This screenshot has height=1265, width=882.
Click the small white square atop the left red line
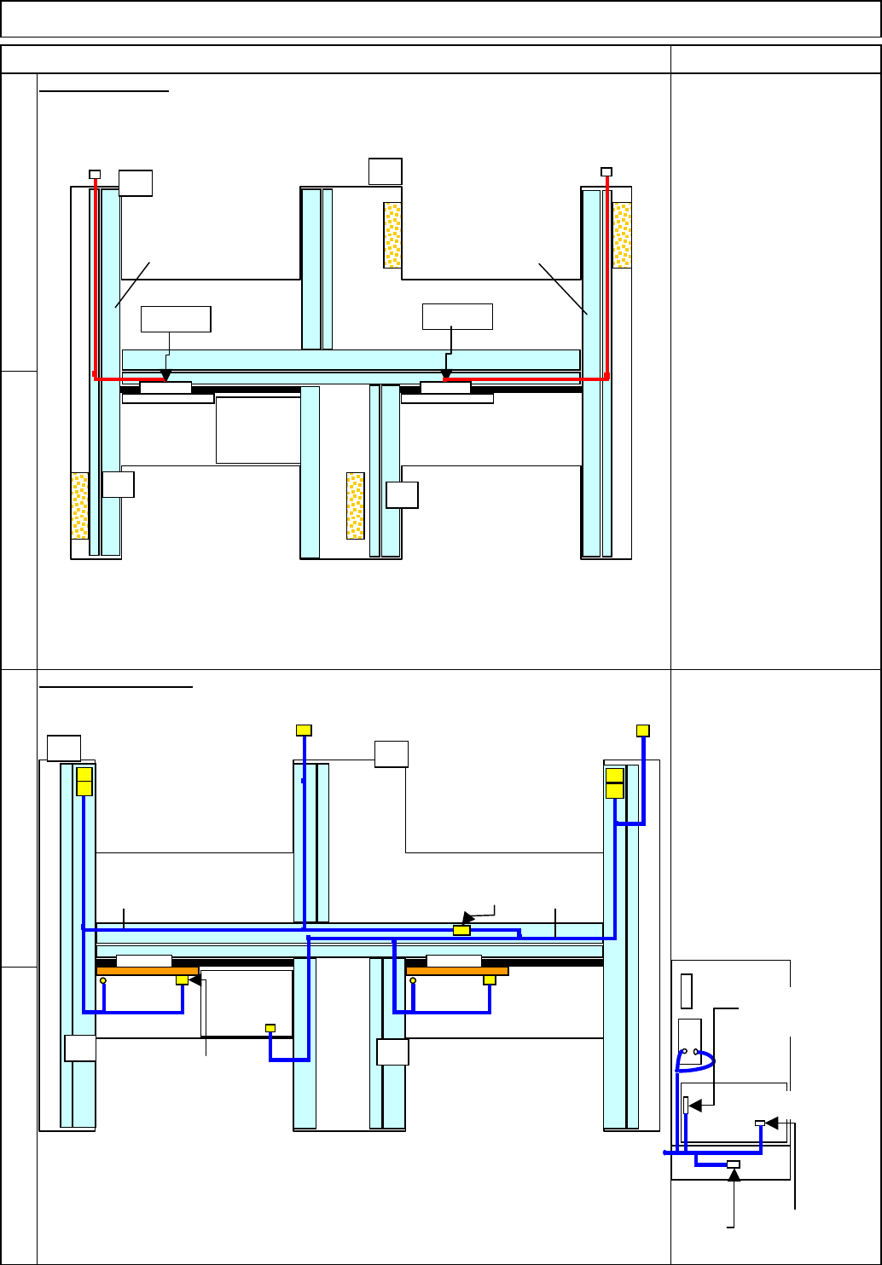point(95,175)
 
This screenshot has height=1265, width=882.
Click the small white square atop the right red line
point(606,172)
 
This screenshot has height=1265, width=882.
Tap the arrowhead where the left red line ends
point(165,376)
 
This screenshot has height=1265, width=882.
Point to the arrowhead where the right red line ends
point(446,376)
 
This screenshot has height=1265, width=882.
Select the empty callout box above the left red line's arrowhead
point(176,319)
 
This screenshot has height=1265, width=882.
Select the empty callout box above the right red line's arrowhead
point(457,316)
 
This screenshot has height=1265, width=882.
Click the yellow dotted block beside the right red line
point(622,234)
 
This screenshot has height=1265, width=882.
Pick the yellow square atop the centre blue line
point(304,730)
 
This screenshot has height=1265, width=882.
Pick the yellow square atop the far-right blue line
point(643,730)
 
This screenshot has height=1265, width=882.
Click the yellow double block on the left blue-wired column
point(84,782)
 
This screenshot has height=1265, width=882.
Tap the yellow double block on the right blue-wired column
point(614,783)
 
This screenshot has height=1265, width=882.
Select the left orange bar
point(147,971)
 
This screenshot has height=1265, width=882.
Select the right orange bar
point(457,971)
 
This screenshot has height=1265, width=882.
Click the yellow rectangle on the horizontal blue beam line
point(461,930)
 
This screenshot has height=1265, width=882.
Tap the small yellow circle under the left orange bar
point(103,981)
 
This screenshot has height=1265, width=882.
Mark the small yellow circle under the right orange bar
point(413,981)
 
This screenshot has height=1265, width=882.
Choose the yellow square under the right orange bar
point(489,980)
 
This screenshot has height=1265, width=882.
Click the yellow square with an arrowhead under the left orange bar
point(182,980)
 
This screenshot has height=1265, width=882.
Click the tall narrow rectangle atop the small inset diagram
point(687,990)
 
